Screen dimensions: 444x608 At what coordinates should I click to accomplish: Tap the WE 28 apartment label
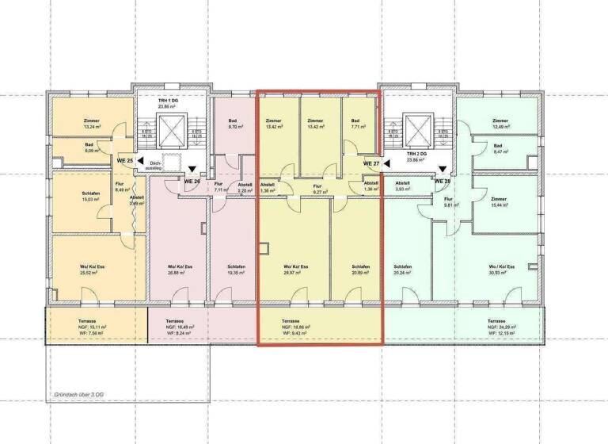(x=443, y=181)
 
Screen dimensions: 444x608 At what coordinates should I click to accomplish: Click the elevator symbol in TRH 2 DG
(x=416, y=127)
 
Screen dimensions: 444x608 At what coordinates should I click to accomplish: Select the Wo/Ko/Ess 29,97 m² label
(x=294, y=269)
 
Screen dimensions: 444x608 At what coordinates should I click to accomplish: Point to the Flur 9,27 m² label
(x=319, y=189)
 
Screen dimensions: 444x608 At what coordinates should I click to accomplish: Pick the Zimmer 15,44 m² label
(x=498, y=201)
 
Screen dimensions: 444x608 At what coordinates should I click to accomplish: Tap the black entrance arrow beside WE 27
(x=387, y=163)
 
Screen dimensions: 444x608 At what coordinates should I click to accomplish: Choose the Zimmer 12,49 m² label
(x=498, y=123)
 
